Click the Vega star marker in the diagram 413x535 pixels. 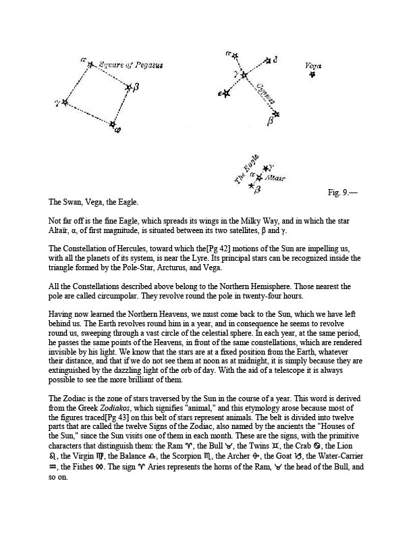pos(312,74)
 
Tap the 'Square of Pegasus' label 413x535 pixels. pos(130,66)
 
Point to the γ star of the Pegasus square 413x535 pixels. pos(65,103)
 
